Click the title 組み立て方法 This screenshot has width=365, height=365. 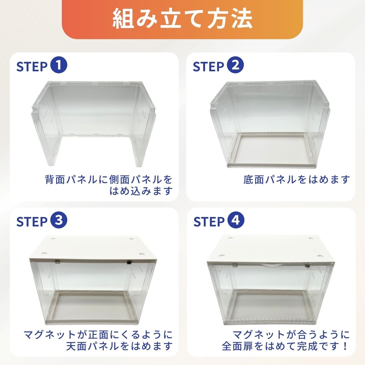(x=182, y=19)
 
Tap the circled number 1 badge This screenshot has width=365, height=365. (x=59, y=65)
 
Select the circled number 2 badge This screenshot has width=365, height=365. (x=235, y=65)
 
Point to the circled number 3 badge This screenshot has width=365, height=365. (x=59, y=220)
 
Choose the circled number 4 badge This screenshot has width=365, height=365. (x=236, y=220)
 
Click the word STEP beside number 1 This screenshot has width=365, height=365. (x=32, y=67)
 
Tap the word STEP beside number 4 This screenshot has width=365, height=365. (x=209, y=222)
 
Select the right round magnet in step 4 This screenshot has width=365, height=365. (x=308, y=265)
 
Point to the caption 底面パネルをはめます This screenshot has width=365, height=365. (x=297, y=180)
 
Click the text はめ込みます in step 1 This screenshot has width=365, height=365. (x=141, y=191)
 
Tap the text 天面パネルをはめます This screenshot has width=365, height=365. (x=119, y=346)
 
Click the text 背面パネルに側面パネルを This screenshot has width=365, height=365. (x=108, y=180)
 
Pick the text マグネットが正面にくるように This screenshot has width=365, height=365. (x=98, y=335)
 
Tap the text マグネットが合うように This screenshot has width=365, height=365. (x=291, y=335)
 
